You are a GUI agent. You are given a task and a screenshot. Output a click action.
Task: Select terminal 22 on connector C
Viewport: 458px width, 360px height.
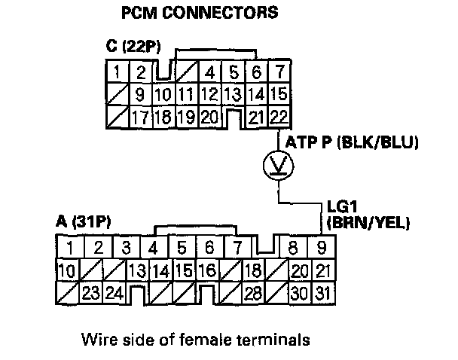[x=278, y=117]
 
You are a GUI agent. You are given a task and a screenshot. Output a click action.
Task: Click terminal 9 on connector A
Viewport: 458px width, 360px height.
[x=322, y=247]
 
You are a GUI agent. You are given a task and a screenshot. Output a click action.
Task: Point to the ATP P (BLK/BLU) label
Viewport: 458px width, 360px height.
[x=348, y=142]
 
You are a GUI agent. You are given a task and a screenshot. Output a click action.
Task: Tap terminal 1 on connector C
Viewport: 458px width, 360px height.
[x=119, y=74]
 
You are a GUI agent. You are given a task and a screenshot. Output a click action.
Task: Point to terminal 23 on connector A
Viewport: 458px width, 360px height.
[x=92, y=292]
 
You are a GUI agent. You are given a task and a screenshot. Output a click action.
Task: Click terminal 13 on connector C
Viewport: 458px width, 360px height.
[x=234, y=96]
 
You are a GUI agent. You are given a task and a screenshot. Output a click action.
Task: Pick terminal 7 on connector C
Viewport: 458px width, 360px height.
[x=278, y=74]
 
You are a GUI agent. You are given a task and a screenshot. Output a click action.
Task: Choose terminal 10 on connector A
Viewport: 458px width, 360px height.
[x=69, y=270]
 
